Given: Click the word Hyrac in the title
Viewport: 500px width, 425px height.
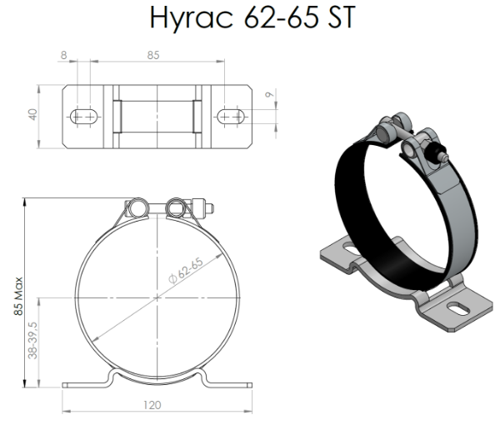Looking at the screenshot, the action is click(x=192, y=17).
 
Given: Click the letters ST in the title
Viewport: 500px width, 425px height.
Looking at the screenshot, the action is click(x=342, y=17).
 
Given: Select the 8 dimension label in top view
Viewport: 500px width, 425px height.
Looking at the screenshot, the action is click(x=64, y=55).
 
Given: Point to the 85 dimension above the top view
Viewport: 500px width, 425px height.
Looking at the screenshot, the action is click(x=153, y=55).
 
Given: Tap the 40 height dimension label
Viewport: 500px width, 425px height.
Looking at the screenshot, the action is click(x=32, y=114).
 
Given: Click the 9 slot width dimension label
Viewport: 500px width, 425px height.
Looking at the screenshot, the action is click(x=270, y=94).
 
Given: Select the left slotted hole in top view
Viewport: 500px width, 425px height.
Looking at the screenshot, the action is click(x=83, y=117).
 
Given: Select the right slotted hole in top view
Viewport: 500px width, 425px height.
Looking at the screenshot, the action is click(x=231, y=117).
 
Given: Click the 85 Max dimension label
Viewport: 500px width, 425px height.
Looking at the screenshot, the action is click(x=18, y=296).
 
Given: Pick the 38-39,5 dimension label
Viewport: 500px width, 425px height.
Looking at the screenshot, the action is click(x=32, y=340).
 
